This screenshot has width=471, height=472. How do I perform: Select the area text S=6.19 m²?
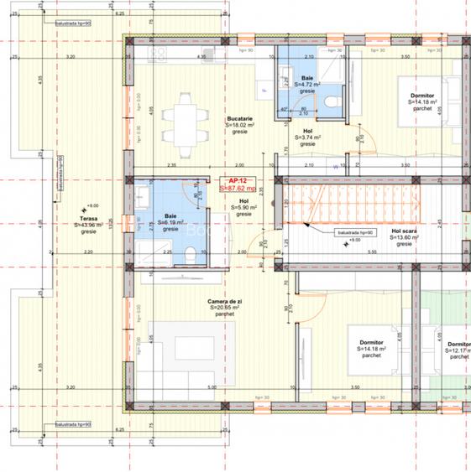coord(170,223)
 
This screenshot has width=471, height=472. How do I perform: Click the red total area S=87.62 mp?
coord(236,189)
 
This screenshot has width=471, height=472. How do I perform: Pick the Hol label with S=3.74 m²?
coord(308,137)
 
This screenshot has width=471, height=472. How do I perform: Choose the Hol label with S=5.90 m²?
coord(243,208)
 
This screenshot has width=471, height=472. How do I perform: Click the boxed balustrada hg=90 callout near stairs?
coord(356,231)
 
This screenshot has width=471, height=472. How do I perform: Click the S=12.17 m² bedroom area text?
coord(458,357)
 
